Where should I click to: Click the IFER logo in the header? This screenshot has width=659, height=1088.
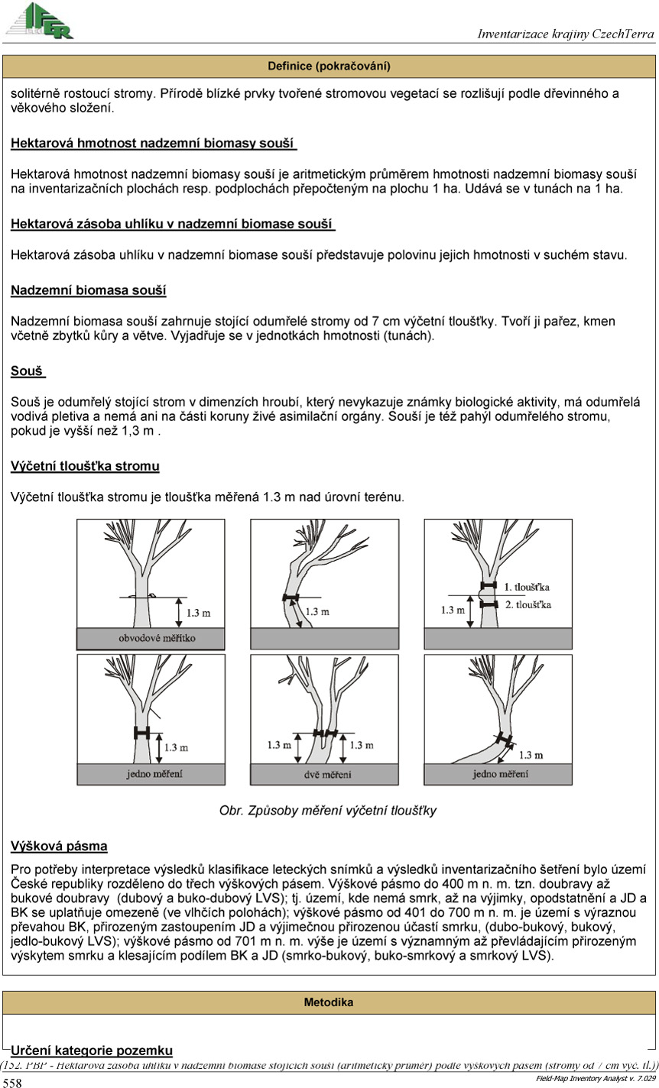tap(40, 21)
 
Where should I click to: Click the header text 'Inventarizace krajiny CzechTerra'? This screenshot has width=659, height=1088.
tap(566, 34)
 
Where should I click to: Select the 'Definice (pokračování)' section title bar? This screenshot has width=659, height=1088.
tap(329, 66)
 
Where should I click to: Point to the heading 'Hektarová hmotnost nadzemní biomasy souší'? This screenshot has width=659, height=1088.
tap(154, 143)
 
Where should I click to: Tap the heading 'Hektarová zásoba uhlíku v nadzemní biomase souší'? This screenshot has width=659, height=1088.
tap(173, 224)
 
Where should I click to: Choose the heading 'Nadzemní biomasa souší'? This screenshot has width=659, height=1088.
tap(89, 290)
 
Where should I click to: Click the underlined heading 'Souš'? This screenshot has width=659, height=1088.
tap(28, 371)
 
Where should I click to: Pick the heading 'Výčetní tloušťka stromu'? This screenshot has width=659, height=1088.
tap(85, 465)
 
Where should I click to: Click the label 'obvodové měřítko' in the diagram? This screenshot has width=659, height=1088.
tap(151, 637)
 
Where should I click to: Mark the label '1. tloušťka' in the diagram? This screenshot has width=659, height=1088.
tap(528, 587)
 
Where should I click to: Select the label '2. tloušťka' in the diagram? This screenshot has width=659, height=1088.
tap(528, 604)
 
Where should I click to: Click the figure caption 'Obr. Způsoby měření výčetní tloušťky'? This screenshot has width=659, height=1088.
tap(328, 811)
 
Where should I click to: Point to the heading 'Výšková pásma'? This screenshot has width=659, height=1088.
tap(59, 846)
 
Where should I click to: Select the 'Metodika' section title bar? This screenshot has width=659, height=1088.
tap(329, 1002)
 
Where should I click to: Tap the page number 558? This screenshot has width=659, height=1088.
tap(13, 1082)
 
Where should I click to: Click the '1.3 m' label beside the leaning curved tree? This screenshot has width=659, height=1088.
tap(531, 755)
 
